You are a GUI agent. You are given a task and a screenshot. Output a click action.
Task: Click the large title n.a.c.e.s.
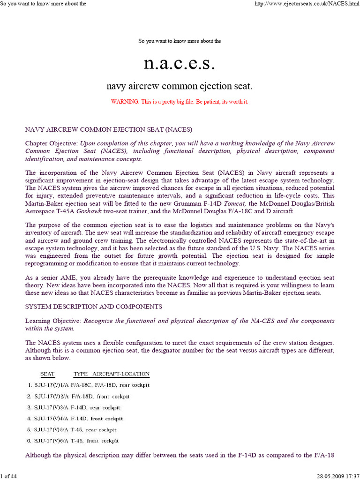[x=180, y=63]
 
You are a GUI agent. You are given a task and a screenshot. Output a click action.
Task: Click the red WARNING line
[x=180, y=102]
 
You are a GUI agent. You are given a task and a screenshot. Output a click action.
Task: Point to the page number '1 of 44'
[x=9, y=476]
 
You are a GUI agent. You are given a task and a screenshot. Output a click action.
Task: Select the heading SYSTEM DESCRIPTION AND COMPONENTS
[x=93, y=307]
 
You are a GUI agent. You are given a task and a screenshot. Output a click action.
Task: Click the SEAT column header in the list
[x=47, y=374]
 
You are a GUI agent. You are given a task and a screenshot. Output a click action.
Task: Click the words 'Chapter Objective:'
[x=52, y=143]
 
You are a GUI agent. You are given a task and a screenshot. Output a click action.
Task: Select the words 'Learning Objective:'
[x=53, y=321]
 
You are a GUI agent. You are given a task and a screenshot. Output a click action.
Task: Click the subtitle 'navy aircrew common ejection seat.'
[x=180, y=86]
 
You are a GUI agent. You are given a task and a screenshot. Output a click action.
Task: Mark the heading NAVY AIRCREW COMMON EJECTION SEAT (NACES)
[x=109, y=129]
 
